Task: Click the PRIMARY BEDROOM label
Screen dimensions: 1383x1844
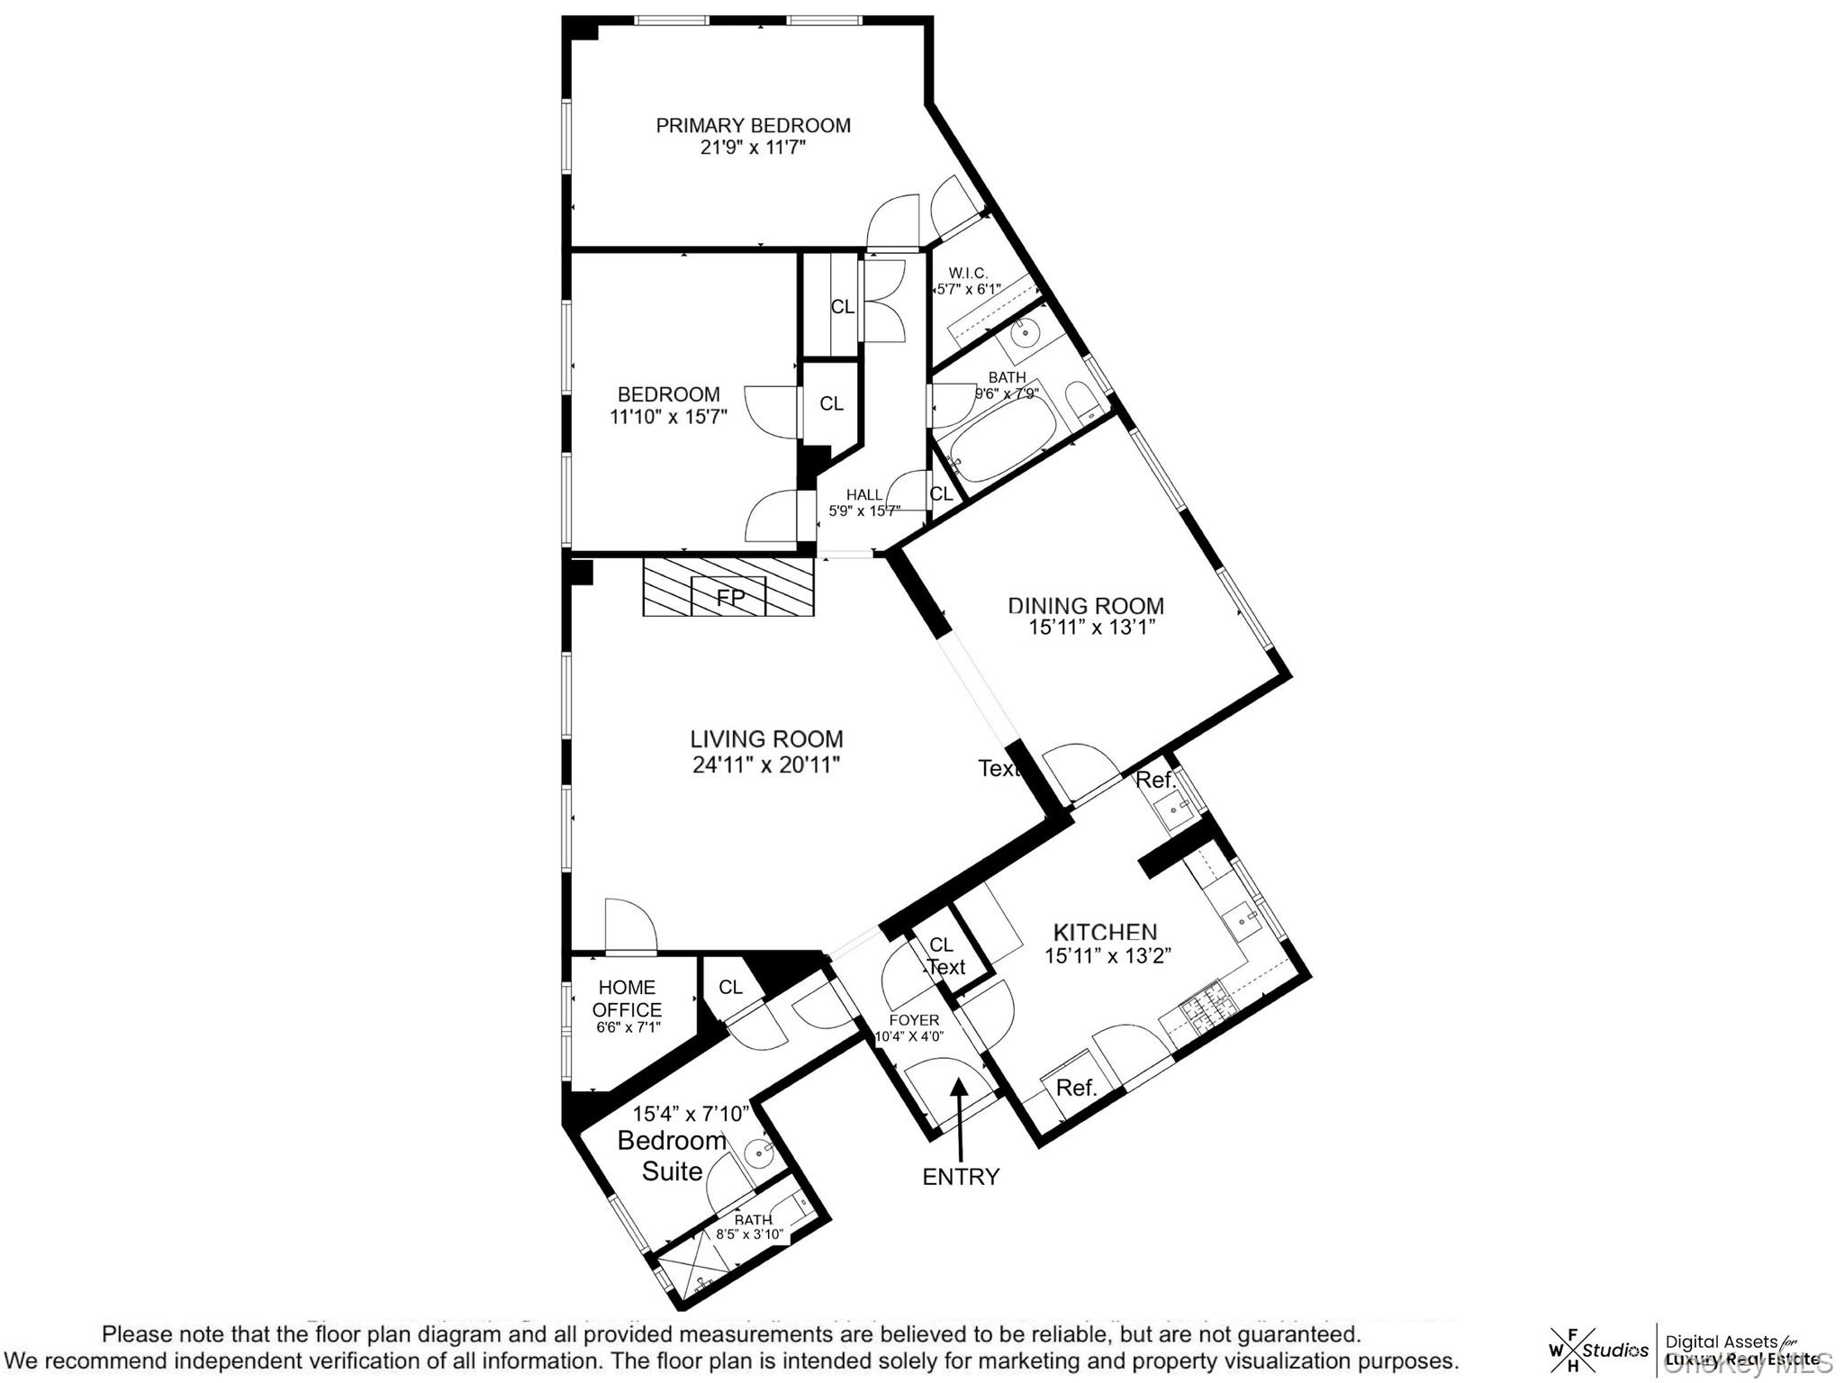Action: click(x=753, y=125)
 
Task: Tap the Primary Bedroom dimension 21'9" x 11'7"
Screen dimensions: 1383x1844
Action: click(x=753, y=147)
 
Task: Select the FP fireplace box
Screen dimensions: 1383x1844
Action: click(x=728, y=596)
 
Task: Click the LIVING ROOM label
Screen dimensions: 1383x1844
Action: click(x=766, y=739)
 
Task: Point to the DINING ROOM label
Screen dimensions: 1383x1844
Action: click(x=1085, y=606)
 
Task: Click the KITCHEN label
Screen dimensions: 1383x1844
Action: click(x=1105, y=932)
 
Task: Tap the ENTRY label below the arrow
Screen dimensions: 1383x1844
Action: click(x=961, y=1177)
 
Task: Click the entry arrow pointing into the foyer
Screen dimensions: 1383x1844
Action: click(x=960, y=1116)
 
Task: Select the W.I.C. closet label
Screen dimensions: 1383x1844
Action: click(x=968, y=273)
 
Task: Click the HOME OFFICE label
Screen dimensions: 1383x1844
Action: click(x=627, y=999)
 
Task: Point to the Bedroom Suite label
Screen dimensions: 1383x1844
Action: click(x=672, y=1155)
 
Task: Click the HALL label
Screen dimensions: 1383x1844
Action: click(x=864, y=494)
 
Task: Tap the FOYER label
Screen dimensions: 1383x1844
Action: click(x=914, y=1020)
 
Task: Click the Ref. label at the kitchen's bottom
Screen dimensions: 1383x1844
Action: click(x=1076, y=1088)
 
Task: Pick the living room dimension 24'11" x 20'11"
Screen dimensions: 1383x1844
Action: click(x=766, y=764)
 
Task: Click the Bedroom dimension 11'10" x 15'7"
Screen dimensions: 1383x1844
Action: click(x=668, y=416)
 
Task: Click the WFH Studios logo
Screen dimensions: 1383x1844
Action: click(x=1598, y=1350)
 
